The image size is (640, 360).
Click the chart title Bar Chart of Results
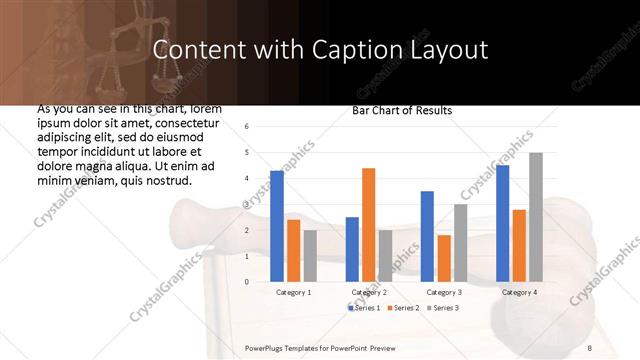click(x=402, y=110)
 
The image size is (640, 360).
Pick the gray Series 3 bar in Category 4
click(x=536, y=217)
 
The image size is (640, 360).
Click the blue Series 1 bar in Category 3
click(x=427, y=236)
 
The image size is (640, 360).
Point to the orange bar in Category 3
click(x=444, y=258)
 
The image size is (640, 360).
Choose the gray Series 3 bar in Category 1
click(x=310, y=256)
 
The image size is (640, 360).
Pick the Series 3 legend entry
click(x=444, y=307)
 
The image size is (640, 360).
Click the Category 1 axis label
click(x=293, y=292)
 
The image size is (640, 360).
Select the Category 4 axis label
click(x=519, y=292)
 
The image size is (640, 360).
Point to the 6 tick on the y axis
click(x=247, y=126)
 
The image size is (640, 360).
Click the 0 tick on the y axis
click(x=247, y=282)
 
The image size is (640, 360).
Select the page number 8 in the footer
click(x=589, y=345)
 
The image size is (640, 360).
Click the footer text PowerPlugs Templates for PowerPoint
click(x=320, y=345)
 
